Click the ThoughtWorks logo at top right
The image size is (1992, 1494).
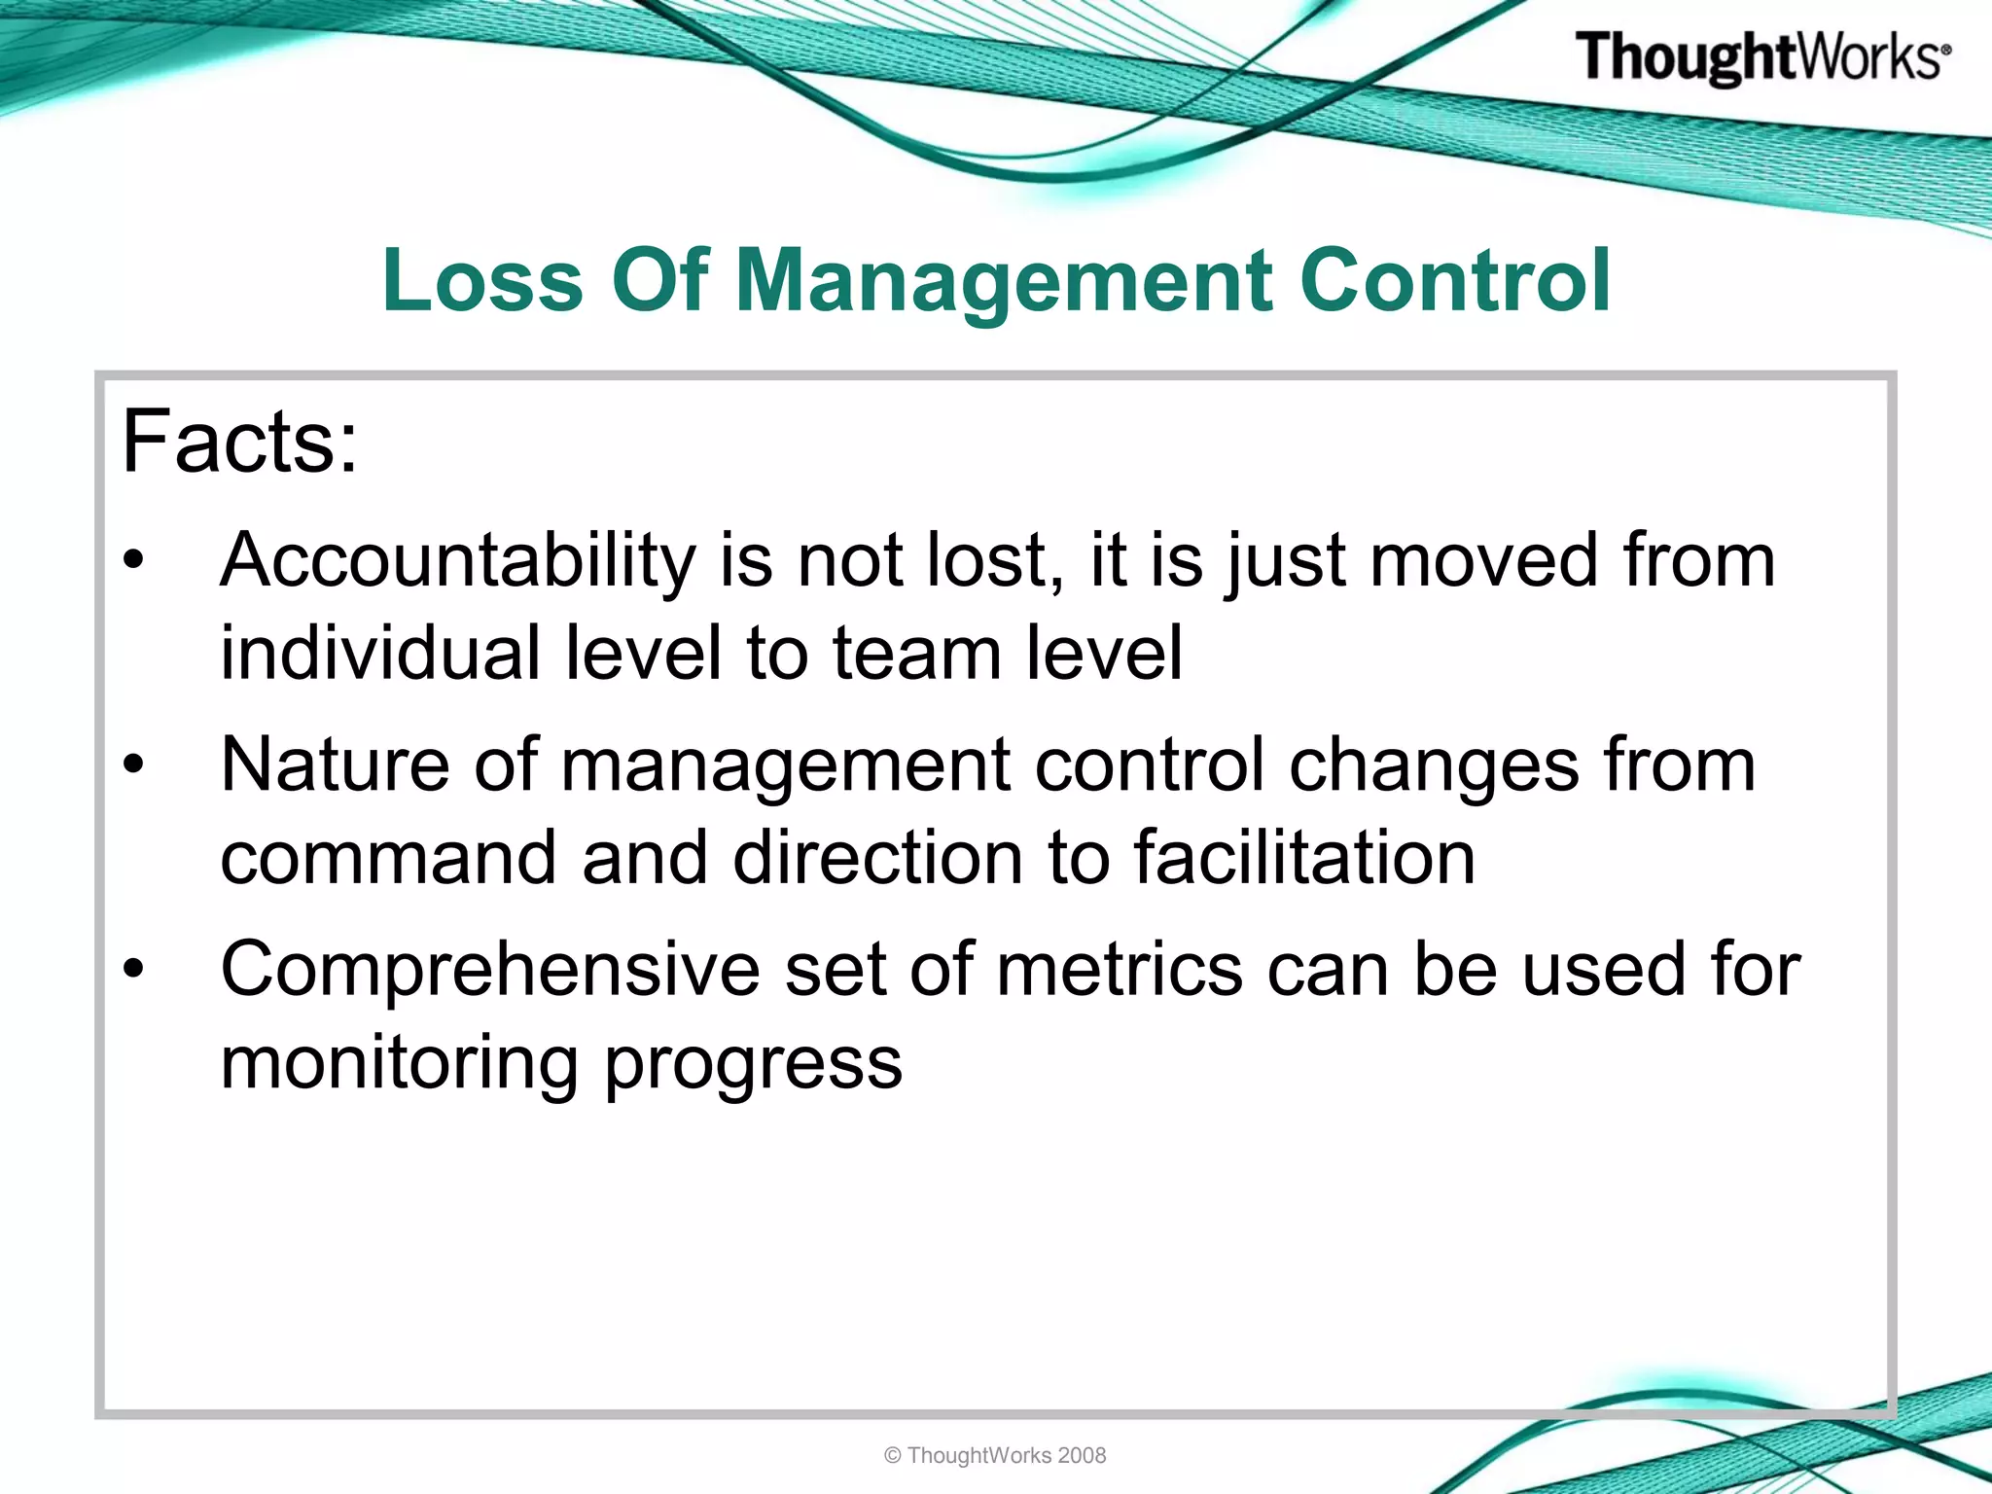click(1761, 57)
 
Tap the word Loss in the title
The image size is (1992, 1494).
click(482, 281)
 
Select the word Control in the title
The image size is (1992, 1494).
click(1455, 281)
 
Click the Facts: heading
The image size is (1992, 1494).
click(239, 443)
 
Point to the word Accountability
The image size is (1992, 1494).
click(457, 561)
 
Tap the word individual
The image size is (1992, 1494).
click(379, 653)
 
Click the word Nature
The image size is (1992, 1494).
click(335, 765)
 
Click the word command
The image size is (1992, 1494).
click(388, 858)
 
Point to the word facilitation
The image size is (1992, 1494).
click(1304, 858)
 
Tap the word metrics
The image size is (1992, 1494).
click(1119, 970)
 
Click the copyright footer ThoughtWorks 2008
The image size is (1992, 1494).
click(995, 1455)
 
